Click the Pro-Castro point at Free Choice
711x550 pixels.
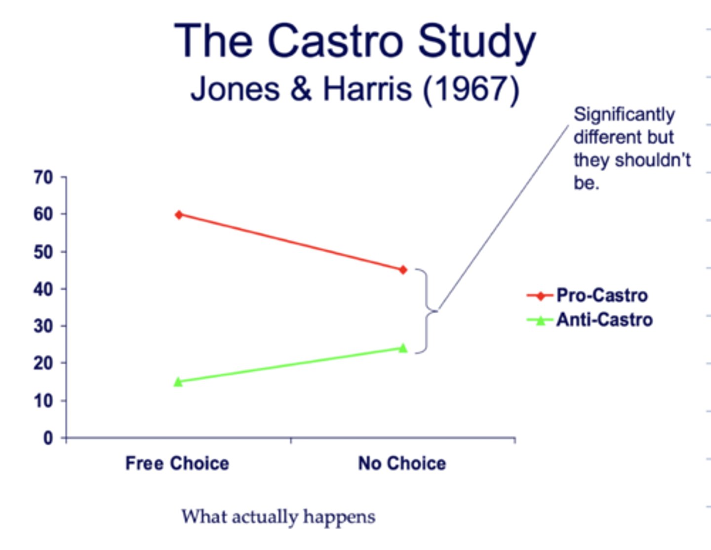179,215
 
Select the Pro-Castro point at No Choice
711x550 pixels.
403,270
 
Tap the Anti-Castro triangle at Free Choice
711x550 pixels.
178,382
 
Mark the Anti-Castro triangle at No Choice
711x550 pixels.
403,348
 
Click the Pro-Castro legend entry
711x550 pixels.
601,295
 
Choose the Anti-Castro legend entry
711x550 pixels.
604,320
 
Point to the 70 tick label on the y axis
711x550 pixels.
43,177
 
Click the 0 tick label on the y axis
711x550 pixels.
48,438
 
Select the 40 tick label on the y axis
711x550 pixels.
43,289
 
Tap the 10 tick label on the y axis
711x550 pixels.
43,400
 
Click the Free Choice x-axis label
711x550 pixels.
177,464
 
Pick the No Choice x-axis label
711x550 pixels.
402,464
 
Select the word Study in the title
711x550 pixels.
477,42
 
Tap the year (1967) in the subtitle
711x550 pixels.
472,89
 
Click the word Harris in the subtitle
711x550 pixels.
367,89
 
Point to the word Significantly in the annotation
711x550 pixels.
624,115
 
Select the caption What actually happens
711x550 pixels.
278,517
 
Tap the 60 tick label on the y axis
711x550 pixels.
43,214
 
